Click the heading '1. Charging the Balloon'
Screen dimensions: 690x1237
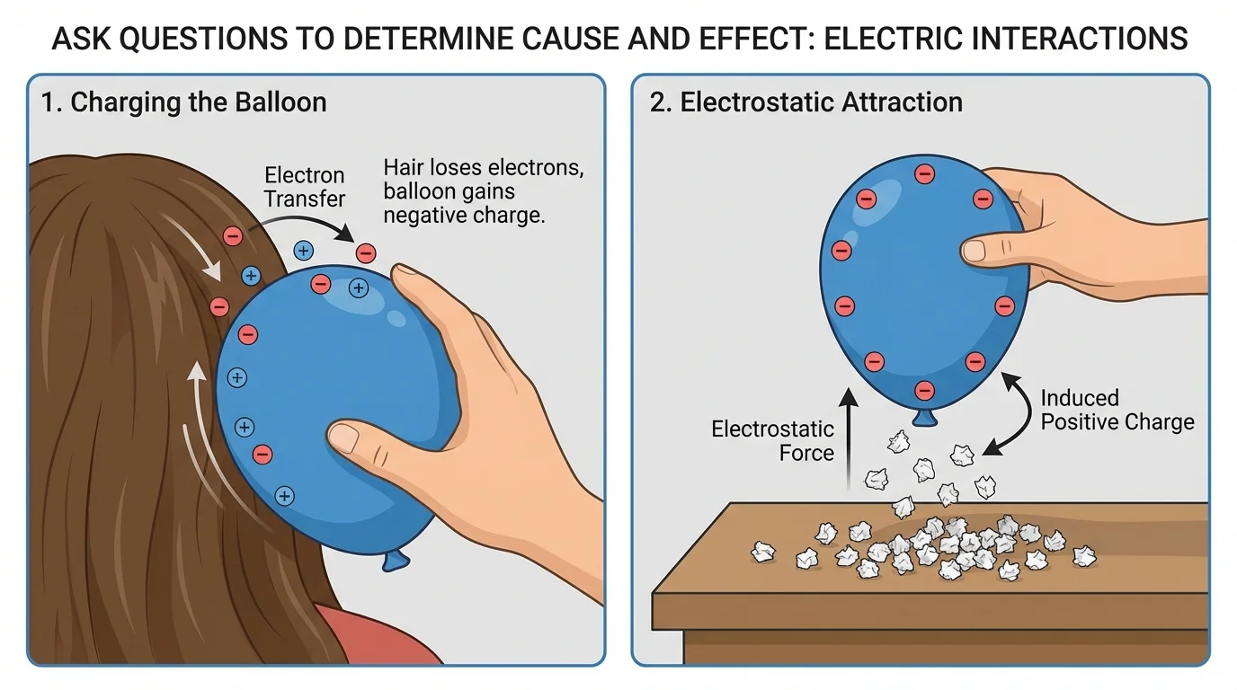tap(183, 102)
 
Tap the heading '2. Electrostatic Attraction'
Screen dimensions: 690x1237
tap(805, 102)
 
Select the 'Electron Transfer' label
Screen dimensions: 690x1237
tap(305, 187)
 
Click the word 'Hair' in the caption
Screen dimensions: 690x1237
tap(403, 168)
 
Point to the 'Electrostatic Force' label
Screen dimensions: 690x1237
tap(772, 441)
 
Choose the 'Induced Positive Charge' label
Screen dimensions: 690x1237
tap(1117, 410)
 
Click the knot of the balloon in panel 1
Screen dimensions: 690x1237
tap(396, 561)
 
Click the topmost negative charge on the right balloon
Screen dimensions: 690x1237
tap(923, 173)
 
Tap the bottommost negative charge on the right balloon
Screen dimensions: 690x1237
tap(923, 390)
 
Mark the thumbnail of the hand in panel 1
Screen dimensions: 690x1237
tap(343, 438)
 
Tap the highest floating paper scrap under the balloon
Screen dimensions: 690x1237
tap(899, 440)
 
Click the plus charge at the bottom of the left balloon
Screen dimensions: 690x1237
tap(285, 495)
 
